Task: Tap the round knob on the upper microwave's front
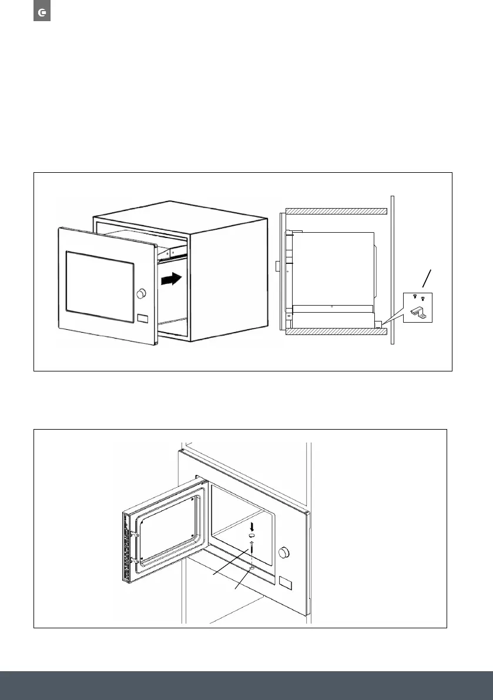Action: (141, 293)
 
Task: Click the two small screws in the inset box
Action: (418, 298)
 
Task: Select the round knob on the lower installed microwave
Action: (286, 553)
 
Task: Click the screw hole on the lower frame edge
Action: (251, 568)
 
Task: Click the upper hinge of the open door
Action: (135, 535)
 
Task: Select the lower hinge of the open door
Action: (135, 560)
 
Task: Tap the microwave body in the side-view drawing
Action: (333, 267)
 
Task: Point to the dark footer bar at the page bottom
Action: (246, 685)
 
